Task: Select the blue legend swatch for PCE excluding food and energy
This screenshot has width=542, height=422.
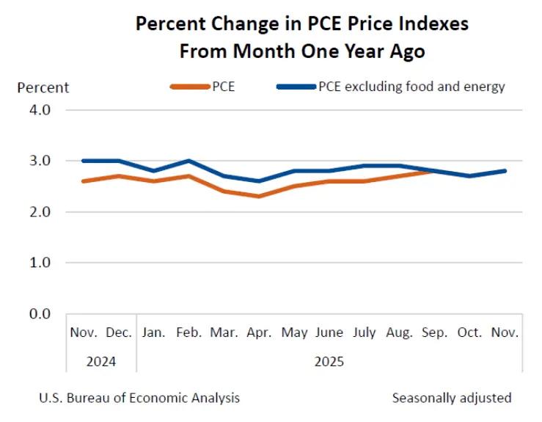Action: pos(296,87)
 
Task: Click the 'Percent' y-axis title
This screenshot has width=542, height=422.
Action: pos(43,87)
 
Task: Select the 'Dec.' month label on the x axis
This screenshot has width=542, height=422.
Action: pos(119,332)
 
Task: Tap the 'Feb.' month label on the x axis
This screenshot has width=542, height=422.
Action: pos(189,332)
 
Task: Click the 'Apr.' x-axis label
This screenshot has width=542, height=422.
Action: pos(259,332)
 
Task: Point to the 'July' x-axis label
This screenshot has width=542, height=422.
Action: pos(365,332)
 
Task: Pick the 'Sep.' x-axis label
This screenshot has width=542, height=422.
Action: pos(435,332)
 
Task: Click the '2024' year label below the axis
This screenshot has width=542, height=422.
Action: pos(101,361)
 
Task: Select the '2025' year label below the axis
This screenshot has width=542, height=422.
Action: pos(329,361)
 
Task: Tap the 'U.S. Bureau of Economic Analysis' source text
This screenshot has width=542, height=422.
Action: pos(139,398)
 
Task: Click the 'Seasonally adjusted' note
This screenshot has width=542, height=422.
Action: pos(452,398)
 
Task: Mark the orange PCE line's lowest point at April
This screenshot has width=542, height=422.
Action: pos(259,196)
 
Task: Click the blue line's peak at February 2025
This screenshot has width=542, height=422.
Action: pos(189,161)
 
